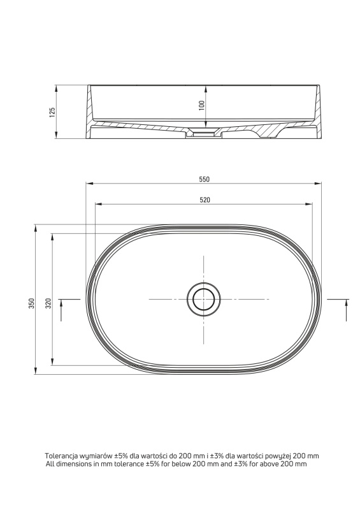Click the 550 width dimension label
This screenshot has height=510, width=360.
[205, 179]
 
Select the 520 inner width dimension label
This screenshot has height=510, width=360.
[205, 200]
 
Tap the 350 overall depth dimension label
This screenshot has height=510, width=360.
[31, 303]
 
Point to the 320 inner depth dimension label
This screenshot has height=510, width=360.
[48, 303]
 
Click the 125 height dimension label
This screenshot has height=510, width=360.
[52, 112]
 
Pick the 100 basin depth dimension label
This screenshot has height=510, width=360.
[202, 105]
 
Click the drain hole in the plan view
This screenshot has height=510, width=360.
[204, 299]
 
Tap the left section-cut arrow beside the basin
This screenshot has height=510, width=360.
[61, 310]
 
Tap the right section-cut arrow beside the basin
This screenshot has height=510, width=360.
[346, 310]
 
